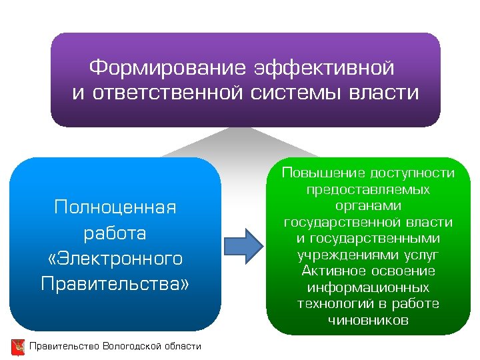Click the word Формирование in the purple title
coord(168,68)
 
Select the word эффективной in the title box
coord(324,68)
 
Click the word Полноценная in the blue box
coord(115,208)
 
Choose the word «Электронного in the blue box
coord(115,259)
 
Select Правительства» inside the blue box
coord(115,284)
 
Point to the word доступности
coord(412,173)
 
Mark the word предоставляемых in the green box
coord(368,190)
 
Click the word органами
coord(368,206)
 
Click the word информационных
coord(368,288)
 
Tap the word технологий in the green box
coord(333,304)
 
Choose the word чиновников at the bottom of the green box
coord(368,321)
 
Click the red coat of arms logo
coord(18,347)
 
